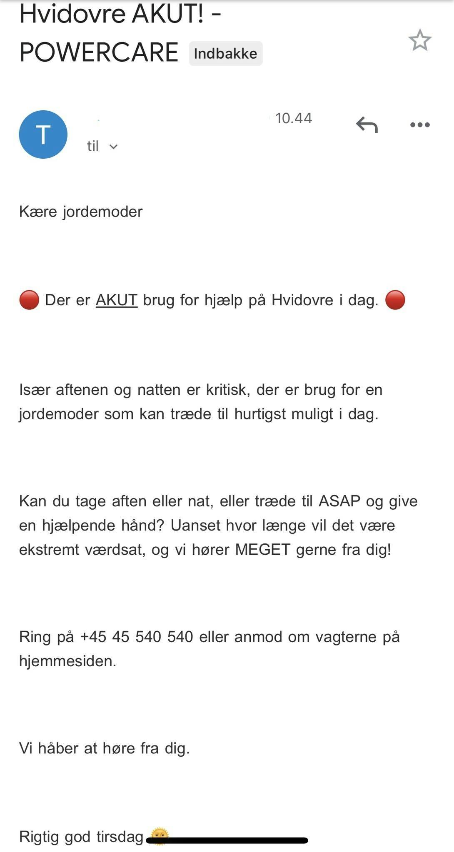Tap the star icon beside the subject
pos(419,40)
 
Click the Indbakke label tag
pos(225,54)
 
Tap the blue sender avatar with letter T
pos(43,135)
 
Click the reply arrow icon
pos(367,125)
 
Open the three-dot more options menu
pos(420,125)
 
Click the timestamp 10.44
pos(293,118)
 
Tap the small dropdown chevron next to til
pos(113,147)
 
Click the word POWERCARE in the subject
pos(99,52)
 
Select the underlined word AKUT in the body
pos(117,300)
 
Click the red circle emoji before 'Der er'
pos(29,300)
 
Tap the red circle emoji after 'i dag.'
pos(395,300)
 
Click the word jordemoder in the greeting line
pos(102,212)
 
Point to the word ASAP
pos(339,501)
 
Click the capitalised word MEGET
pos(262,550)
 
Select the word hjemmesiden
pos(67,661)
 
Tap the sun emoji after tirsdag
pos(159,835)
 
